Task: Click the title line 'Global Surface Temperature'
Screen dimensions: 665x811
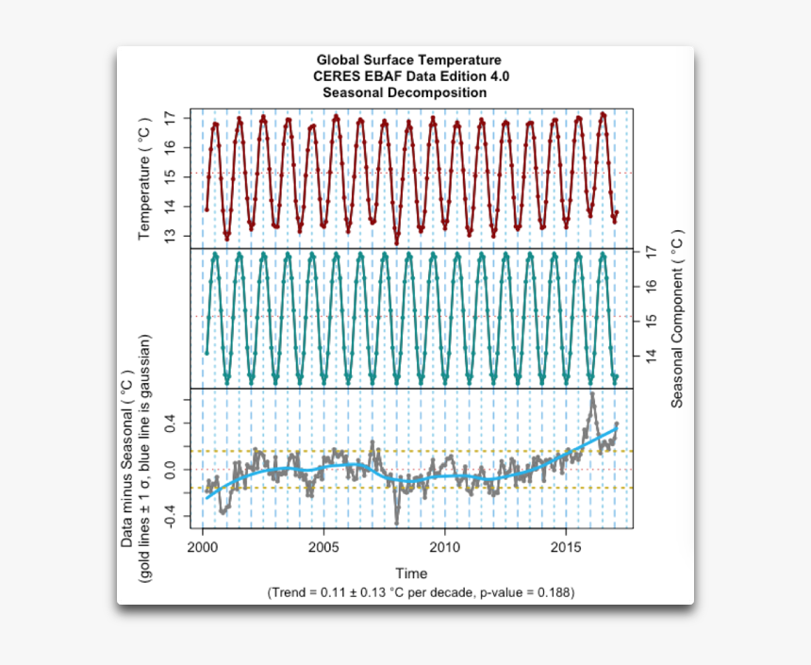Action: click(x=408, y=60)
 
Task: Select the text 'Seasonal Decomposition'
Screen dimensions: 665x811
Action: click(x=405, y=92)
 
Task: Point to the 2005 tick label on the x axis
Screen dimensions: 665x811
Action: click(x=323, y=548)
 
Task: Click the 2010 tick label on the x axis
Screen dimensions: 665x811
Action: click(x=444, y=548)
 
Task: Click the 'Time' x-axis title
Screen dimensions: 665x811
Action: click(x=411, y=573)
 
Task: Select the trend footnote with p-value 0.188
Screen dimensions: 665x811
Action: click(x=421, y=592)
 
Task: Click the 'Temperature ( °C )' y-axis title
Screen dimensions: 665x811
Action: click(x=144, y=179)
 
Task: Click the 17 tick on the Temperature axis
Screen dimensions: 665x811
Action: click(x=170, y=119)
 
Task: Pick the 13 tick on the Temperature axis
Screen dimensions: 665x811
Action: click(x=170, y=235)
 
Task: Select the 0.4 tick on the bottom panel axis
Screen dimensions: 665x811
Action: click(x=170, y=425)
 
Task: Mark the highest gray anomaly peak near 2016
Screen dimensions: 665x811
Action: click(x=591, y=394)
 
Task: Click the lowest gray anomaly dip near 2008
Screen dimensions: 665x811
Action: click(x=397, y=523)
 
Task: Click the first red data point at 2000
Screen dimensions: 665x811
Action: click(x=207, y=209)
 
